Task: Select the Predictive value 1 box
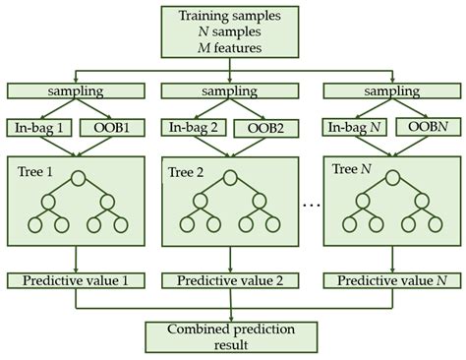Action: point(76,281)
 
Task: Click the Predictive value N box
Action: point(387,281)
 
